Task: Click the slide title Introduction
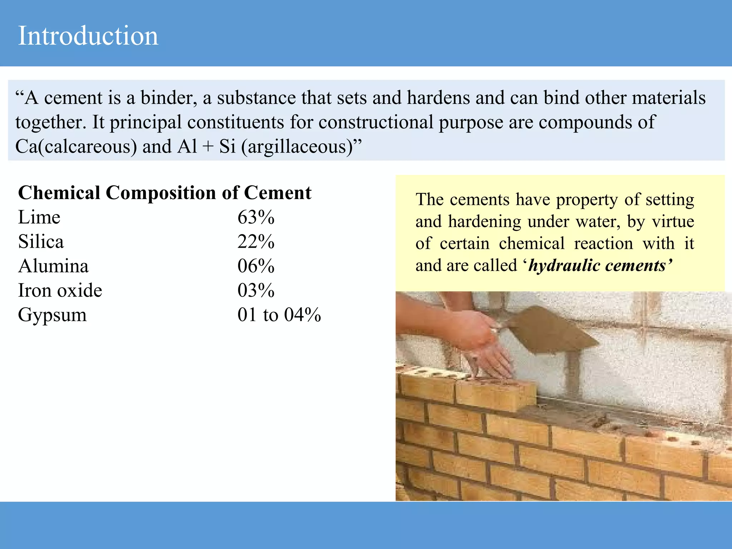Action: click(x=88, y=36)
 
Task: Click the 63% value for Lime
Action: click(x=256, y=217)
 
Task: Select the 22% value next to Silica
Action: click(x=256, y=242)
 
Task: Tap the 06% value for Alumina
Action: click(x=256, y=266)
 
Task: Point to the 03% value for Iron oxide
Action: click(x=256, y=291)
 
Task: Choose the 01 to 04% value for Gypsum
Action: click(x=279, y=315)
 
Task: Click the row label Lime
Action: click(x=39, y=217)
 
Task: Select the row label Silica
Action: click(x=41, y=242)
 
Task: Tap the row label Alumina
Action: click(x=54, y=266)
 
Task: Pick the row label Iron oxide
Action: click(x=60, y=291)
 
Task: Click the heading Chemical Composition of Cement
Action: click(x=165, y=193)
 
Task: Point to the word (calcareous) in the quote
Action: click(x=88, y=147)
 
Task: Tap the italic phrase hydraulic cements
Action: click(x=597, y=266)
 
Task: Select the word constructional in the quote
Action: click(x=376, y=122)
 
